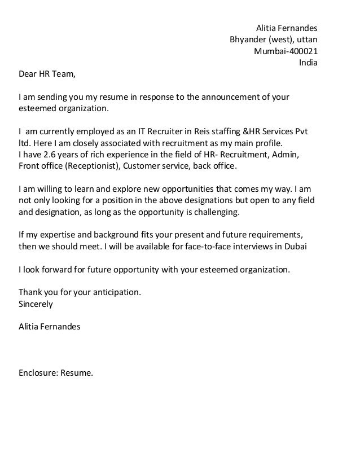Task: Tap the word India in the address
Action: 308,63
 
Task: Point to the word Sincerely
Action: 36,304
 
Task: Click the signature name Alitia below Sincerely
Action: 30,327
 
